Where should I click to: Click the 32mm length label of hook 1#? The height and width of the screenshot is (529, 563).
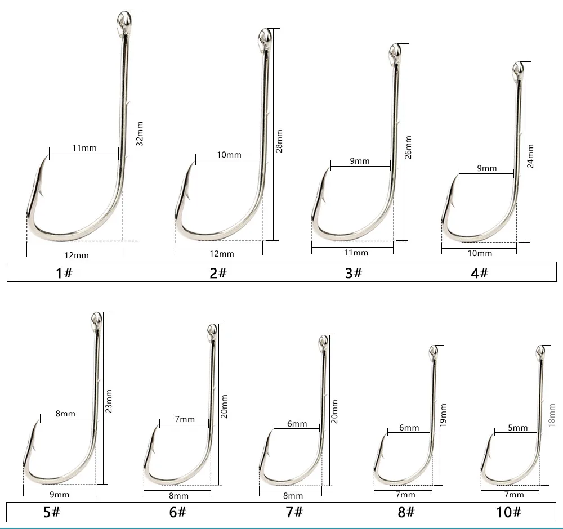pos(140,133)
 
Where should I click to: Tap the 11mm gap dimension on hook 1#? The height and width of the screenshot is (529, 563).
pos(84,148)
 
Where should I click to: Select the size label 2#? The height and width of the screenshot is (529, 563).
pos(218,273)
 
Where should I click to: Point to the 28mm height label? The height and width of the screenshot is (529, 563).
pos(279,141)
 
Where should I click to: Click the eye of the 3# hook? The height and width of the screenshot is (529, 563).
pos(395,51)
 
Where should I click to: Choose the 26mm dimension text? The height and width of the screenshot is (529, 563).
pos(408,147)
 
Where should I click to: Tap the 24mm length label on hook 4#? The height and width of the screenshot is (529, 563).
pos(530,156)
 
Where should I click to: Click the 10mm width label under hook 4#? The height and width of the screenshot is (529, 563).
pos(480,253)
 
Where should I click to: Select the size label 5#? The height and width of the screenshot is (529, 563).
pos(52,512)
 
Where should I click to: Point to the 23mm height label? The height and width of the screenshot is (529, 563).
pos(109,401)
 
